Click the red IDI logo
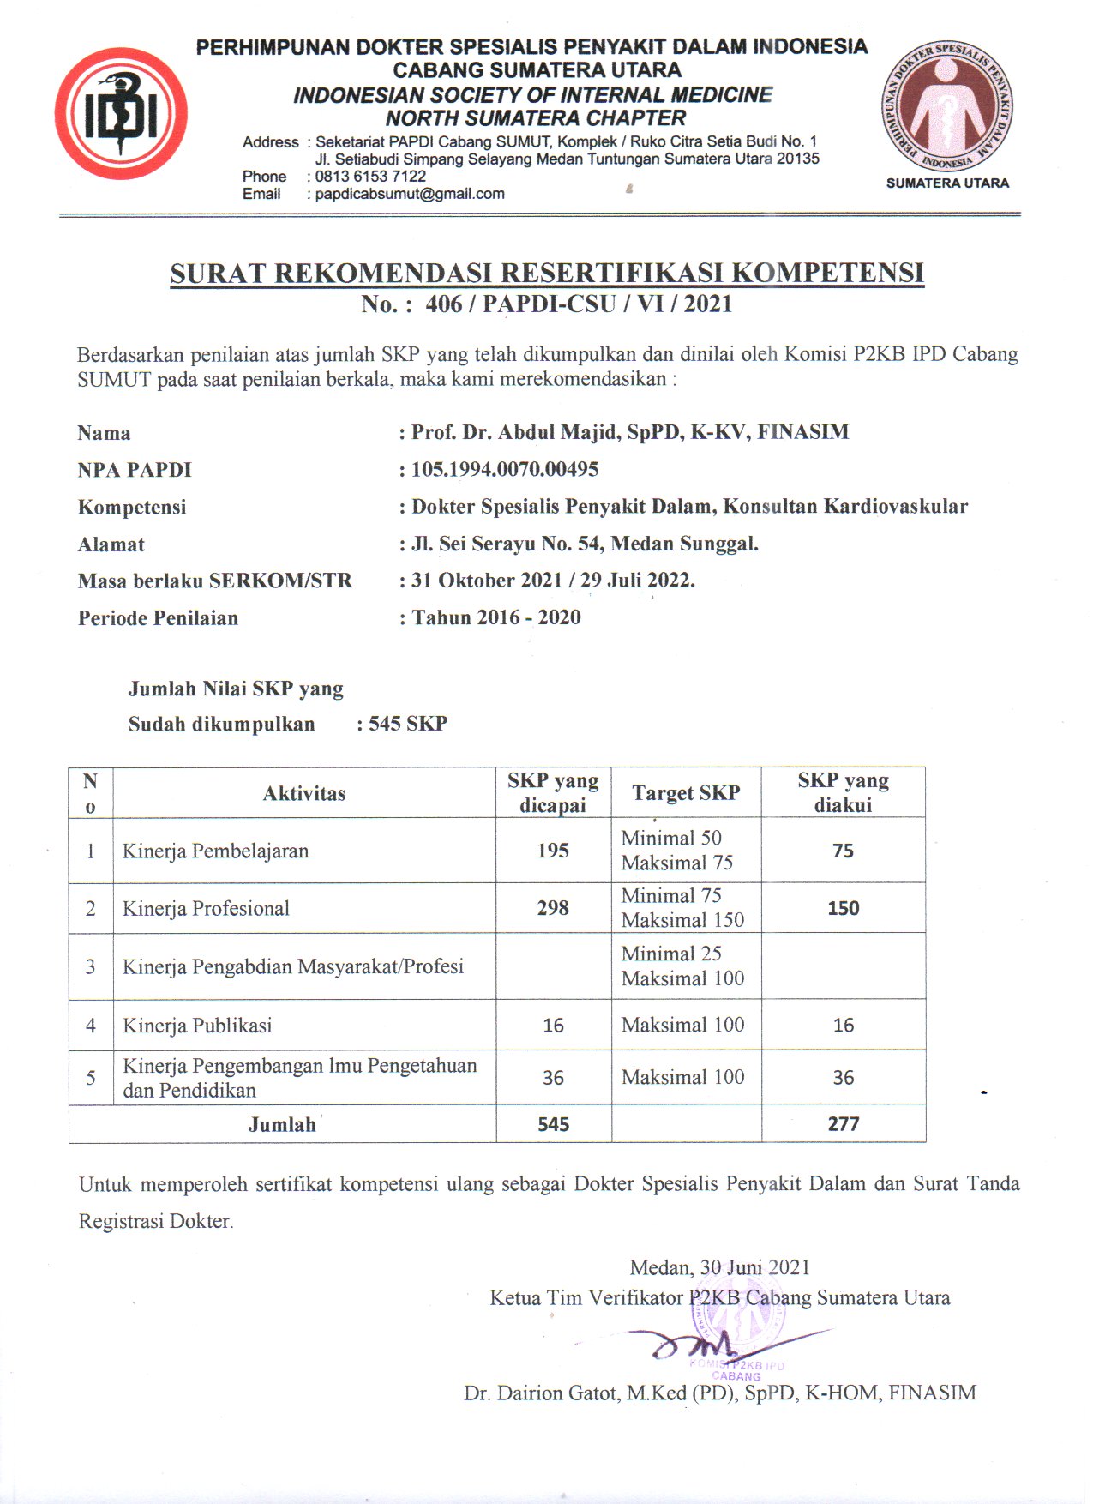121,113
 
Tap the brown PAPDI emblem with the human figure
946,106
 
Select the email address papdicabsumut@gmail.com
410,194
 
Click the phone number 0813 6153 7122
370,177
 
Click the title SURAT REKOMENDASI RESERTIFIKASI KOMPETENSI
547,273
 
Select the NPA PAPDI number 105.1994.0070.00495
505,469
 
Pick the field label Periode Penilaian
158,618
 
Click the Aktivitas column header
304,793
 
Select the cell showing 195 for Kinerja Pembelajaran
553,851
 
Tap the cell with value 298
553,908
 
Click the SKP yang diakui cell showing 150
844,908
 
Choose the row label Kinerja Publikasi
197,1026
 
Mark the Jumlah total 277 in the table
844,1124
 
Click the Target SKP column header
686,793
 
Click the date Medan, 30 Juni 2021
719,1267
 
